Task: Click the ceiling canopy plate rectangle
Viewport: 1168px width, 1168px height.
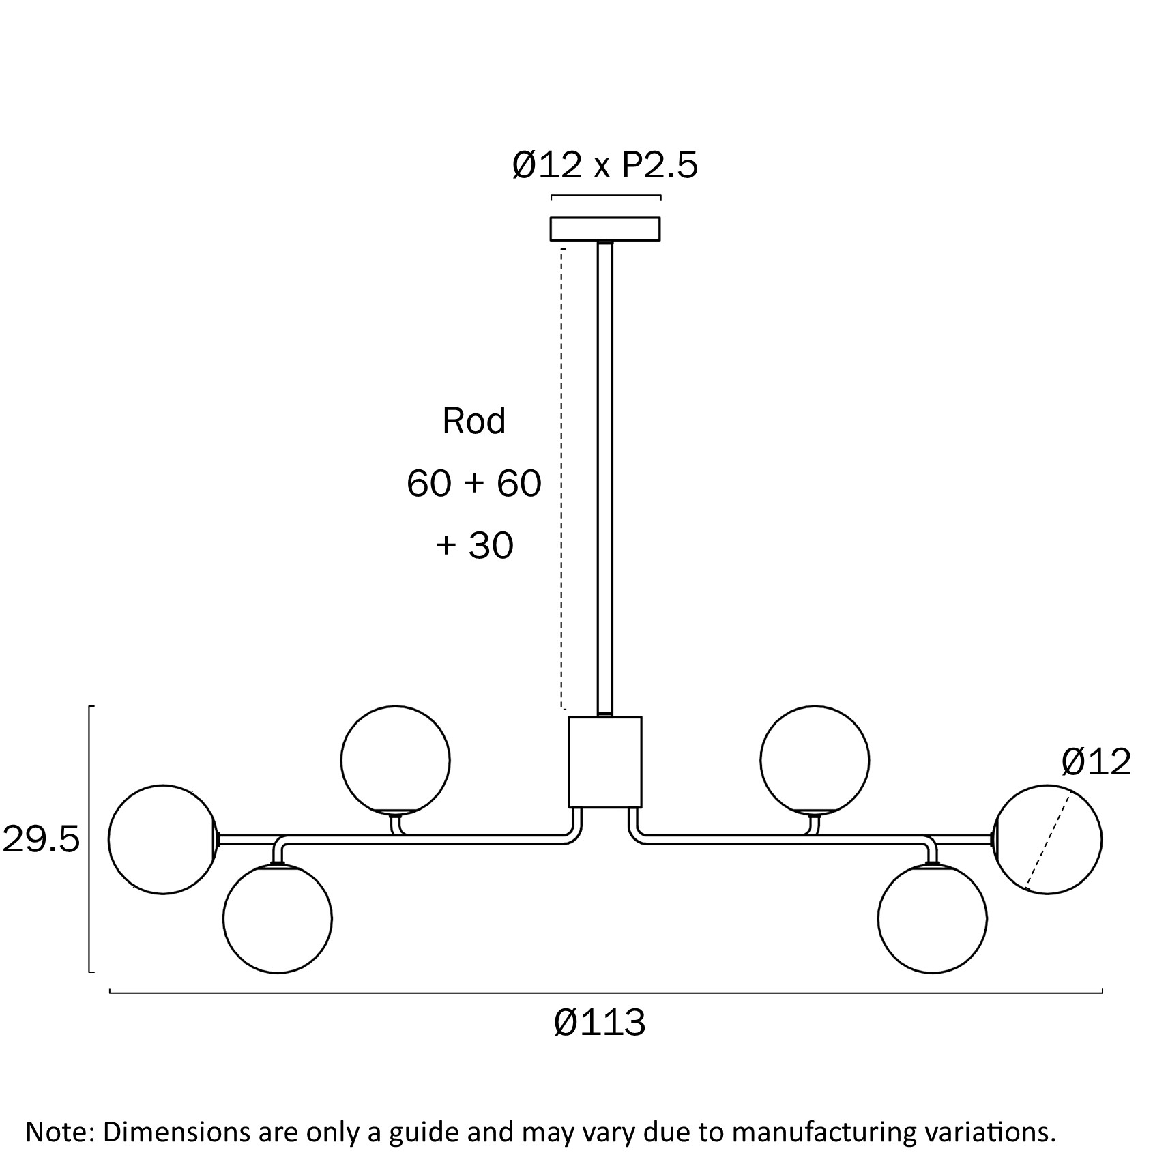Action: [604, 229]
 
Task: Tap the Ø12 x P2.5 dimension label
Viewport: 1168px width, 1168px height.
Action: [604, 165]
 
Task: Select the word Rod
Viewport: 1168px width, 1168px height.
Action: [473, 421]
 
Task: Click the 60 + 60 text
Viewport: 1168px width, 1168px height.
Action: [473, 483]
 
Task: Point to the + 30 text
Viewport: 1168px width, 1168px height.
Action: [473, 545]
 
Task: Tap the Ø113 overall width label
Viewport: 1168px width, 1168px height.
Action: [599, 1023]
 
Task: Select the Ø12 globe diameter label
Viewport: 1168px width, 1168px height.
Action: [1096, 761]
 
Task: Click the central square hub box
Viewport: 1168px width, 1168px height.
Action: [604, 762]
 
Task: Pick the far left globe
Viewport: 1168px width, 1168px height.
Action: [162, 839]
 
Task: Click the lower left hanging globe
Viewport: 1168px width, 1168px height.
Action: [277, 919]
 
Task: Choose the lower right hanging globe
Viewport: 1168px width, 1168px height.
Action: [932, 919]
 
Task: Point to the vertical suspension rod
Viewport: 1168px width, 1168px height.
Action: [604, 478]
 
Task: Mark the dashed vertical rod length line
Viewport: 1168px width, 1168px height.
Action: [561, 478]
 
